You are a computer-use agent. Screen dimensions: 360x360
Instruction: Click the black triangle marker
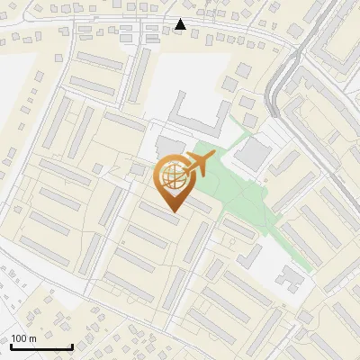click(x=181, y=24)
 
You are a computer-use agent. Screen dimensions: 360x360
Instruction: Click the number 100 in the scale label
click(x=20, y=338)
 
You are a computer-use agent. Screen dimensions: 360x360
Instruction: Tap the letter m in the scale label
click(x=33, y=338)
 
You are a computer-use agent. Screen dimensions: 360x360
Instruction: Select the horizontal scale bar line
click(x=40, y=346)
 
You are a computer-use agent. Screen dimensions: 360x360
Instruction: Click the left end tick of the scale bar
click(x=10, y=345)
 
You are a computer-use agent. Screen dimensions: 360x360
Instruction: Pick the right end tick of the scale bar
click(x=72, y=345)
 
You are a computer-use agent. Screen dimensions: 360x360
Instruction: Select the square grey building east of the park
click(x=251, y=155)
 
